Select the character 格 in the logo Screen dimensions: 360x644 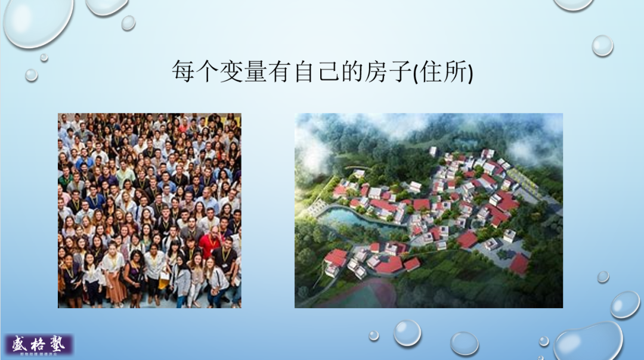[39, 344]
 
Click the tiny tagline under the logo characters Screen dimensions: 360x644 [39, 354]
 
